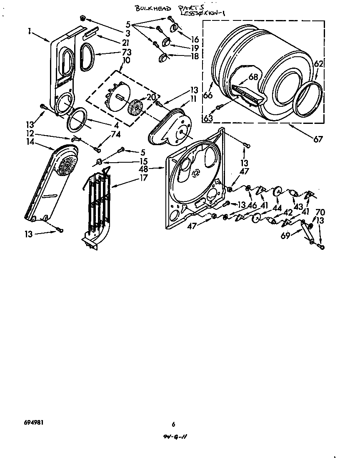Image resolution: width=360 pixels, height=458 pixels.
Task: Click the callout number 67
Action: point(318,139)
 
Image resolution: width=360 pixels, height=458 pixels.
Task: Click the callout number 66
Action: point(208,96)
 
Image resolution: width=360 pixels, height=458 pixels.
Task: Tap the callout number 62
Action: point(319,64)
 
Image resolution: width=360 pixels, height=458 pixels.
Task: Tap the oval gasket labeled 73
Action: point(85,57)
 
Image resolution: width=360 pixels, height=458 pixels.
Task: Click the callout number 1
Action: point(30,31)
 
